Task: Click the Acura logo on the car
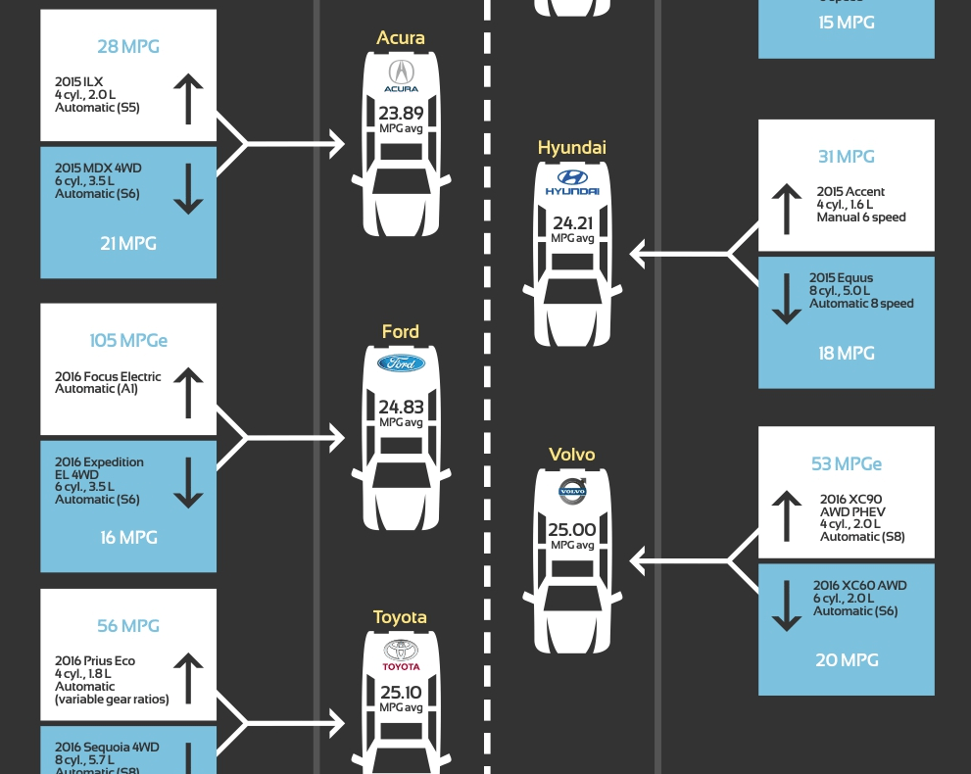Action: click(x=401, y=75)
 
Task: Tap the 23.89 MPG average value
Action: click(x=401, y=113)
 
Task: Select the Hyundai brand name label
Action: click(x=572, y=148)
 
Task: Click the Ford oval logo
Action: click(x=401, y=363)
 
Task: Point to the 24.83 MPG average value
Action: click(x=401, y=407)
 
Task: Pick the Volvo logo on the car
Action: click(x=572, y=492)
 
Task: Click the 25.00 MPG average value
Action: click(x=572, y=530)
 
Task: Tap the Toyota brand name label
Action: click(x=400, y=617)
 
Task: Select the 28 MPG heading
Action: click(x=128, y=47)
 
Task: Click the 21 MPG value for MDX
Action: click(x=128, y=243)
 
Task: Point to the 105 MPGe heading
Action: click(x=128, y=341)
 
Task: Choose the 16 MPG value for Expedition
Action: click(x=128, y=537)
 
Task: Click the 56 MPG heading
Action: click(x=128, y=626)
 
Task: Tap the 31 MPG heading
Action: click(x=847, y=157)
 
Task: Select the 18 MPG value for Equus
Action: click(x=847, y=353)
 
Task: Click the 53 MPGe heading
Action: click(x=847, y=464)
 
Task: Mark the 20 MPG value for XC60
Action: click(x=847, y=660)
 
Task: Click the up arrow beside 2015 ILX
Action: click(x=188, y=100)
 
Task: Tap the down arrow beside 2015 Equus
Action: click(x=787, y=300)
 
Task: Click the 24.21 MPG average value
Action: click(x=572, y=223)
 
